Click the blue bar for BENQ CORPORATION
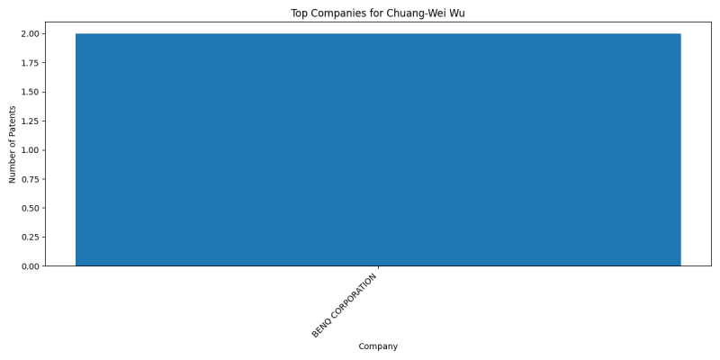tap(378, 149)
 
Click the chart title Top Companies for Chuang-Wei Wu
tap(377, 13)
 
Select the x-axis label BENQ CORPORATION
tap(345, 305)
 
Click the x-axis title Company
tap(378, 346)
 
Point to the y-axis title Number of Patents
tap(13, 144)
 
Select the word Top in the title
tap(299, 13)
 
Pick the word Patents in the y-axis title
tap(13, 120)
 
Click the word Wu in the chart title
tap(458, 13)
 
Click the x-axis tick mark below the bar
tap(378, 267)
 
